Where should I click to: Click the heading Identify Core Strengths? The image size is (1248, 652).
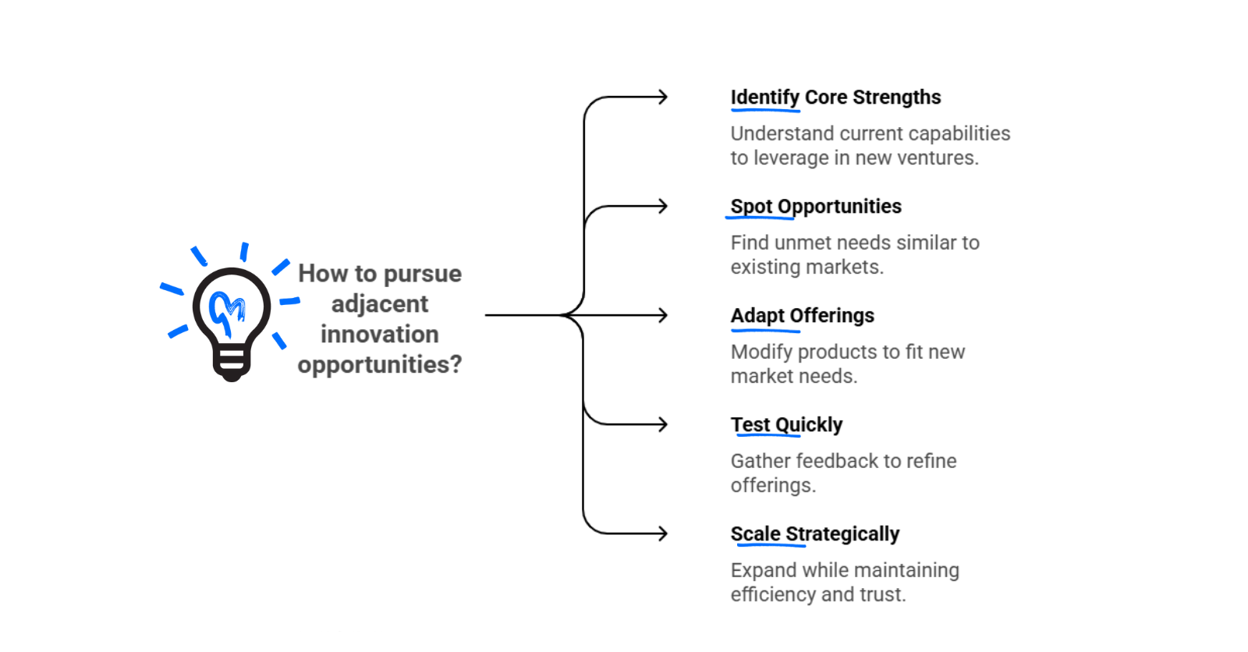[x=835, y=97]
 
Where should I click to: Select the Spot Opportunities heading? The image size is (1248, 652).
[x=815, y=207]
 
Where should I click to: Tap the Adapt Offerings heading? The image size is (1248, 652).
[x=802, y=316]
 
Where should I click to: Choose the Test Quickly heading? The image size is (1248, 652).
[x=786, y=425]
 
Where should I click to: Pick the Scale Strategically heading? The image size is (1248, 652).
[x=814, y=534]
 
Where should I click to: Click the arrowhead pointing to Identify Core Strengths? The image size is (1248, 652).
[x=663, y=97]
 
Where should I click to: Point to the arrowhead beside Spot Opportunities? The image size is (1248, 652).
[x=663, y=207]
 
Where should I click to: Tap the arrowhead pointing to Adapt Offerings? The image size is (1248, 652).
[x=663, y=316]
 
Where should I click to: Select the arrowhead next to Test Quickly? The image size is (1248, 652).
[x=663, y=425]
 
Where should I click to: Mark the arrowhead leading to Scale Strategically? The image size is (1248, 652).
[x=663, y=534]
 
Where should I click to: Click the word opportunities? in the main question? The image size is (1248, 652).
[x=379, y=365]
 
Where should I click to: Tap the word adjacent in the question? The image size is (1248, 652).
[x=379, y=304]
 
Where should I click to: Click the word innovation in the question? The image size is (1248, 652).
[x=379, y=335]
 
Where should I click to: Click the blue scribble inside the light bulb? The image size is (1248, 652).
[x=227, y=310]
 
